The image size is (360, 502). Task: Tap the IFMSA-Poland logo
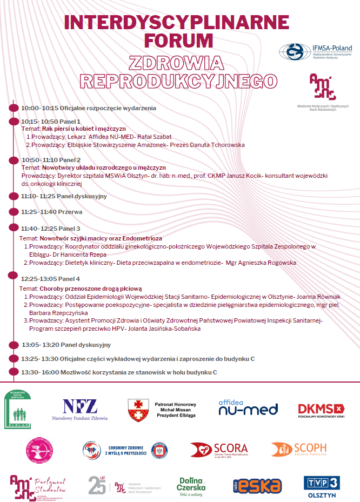point(315,52)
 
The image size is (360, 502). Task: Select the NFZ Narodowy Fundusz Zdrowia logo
point(79,410)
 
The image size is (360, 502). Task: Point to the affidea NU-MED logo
point(248,407)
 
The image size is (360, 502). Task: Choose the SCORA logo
point(218,450)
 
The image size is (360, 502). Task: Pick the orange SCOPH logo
point(298,450)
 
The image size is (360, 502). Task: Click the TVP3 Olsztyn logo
point(321,485)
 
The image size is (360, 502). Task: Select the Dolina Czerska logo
point(192,485)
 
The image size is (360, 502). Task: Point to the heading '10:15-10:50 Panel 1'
point(51,122)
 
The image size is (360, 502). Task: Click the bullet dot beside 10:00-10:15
point(15,108)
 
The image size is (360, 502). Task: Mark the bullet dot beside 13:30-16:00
point(15,372)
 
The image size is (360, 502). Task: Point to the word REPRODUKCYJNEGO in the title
point(178,81)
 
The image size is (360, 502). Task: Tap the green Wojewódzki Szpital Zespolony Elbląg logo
point(18,409)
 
